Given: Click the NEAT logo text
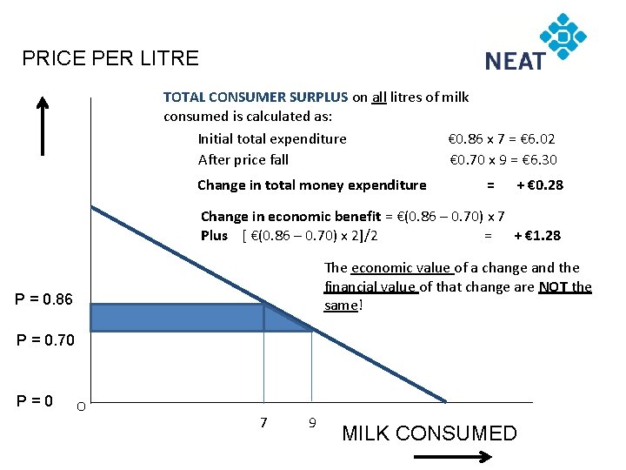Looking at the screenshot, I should pyautogui.click(x=515, y=61).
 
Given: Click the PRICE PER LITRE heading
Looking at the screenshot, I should pyautogui.click(x=110, y=58).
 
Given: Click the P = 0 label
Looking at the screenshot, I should pyautogui.click(x=35, y=400).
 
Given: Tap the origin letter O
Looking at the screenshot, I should pyautogui.click(x=80, y=406).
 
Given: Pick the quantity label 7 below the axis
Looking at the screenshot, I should pyautogui.click(x=263, y=423).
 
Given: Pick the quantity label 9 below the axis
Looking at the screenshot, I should pyautogui.click(x=311, y=423).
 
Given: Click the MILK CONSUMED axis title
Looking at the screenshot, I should pyautogui.click(x=430, y=433).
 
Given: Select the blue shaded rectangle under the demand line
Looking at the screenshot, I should pyautogui.click(x=176, y=317).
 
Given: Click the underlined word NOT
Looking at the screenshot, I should pyautogui.click(x=553, y=286).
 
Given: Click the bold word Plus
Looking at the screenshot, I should pyautogui.click(x=214, y=235).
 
